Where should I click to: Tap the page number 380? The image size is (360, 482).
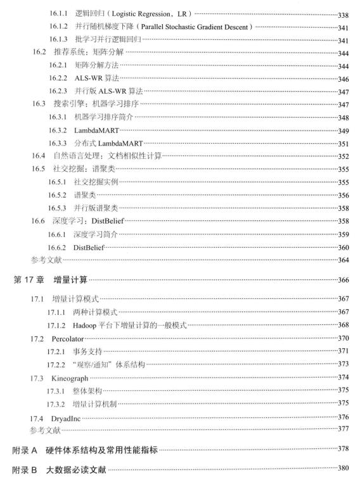point(345,471)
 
